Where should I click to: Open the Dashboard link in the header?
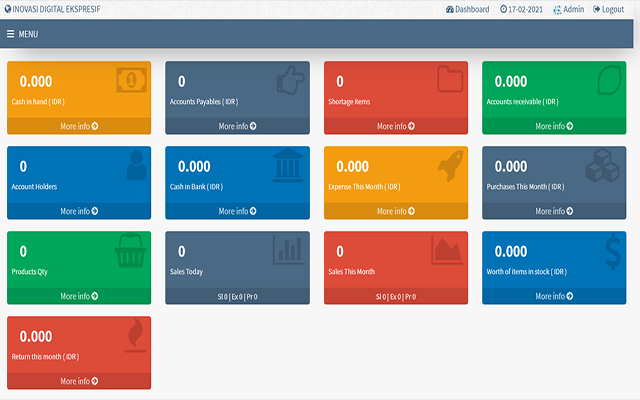(467, 9)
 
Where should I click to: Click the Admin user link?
(568, 9)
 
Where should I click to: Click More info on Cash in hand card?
(79, 126)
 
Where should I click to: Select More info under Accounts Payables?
(237, 126)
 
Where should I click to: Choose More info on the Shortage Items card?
(396, 126)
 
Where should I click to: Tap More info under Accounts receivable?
(555, 126)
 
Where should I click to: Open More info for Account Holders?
(79, 211)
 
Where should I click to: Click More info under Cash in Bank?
(237, 211)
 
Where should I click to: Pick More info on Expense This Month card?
(396, 211)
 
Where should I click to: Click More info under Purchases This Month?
(555, 211)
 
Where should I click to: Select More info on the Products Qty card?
(79, 296)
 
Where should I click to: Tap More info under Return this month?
(79, 381)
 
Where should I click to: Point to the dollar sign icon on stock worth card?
(607, 252)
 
